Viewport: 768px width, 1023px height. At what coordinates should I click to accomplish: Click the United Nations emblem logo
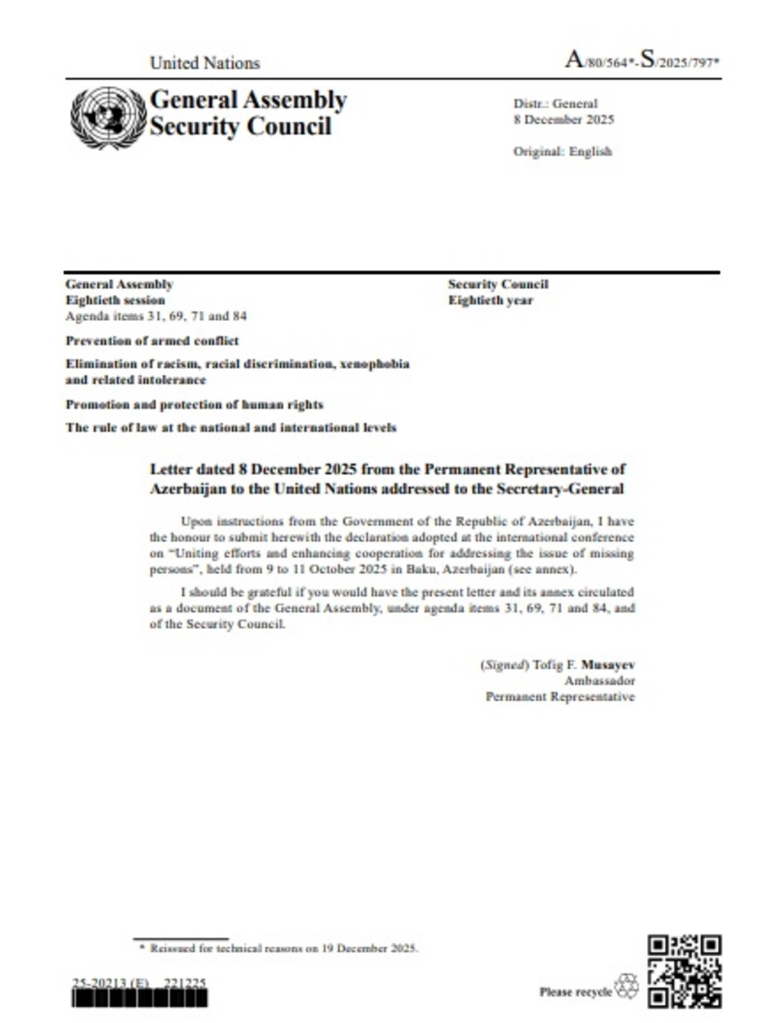point(108,117)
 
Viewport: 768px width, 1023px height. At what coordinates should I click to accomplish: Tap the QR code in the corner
point(685,971)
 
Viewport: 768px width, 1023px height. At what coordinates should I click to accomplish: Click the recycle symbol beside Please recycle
point(626,987)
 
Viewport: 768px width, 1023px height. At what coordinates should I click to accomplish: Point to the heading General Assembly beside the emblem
point(248,99)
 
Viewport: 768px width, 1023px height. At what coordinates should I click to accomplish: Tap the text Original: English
point(562,152)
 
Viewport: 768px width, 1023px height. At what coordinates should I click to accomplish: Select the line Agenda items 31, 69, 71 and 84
point(156,316)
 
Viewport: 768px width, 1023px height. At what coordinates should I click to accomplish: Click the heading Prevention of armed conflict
point(152,342)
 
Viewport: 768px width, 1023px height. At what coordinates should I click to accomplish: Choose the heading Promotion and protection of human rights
point(194,404)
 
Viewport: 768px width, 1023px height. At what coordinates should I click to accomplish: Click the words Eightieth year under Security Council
point(491,300)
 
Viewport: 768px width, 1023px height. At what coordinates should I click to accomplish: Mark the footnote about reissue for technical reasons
point(279,948)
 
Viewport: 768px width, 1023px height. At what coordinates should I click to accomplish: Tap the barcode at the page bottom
point(139,998)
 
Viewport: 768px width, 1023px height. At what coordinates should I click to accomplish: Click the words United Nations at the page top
point(204,63)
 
